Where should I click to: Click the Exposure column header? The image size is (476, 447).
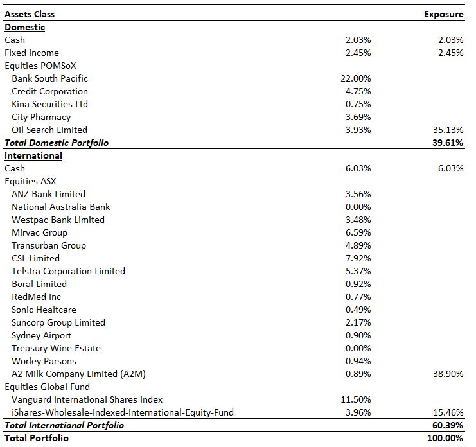click(x=443, y=14)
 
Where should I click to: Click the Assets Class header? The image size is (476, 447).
click(x=30, y=14)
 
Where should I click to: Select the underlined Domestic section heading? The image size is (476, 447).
click(x=25, y=28)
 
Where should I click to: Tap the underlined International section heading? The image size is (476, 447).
click(x=33, y=155)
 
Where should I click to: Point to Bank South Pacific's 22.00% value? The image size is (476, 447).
click(x=355, y=78)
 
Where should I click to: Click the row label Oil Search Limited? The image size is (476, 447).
click(x=49, y=130)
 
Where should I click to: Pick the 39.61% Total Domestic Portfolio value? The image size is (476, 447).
click(x=448, y=143)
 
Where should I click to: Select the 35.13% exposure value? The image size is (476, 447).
click(x=448, y=130)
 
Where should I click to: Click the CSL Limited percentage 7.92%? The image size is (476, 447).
click(x=358, y=258)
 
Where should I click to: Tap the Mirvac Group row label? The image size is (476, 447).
click(x=39, y=232)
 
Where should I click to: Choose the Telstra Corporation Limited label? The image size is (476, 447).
click(x=68, y=271)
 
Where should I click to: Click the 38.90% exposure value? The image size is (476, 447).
click(x=448, y=374)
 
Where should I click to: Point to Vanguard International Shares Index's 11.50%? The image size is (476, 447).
click(x=355, y=399)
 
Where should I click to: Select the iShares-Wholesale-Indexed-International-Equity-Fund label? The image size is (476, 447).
click(x=123, y=412)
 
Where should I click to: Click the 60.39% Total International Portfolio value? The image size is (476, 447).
click(x=448, y=425)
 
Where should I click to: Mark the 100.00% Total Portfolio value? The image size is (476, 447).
click(x=445, y=438)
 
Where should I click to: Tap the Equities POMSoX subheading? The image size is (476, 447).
click(x=40, y=66)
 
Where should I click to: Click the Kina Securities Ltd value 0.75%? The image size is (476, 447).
click(x=358, y=104)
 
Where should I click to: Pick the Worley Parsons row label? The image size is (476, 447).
click(x=44, y=361)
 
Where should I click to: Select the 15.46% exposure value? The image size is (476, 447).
click(x=448, y=412)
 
